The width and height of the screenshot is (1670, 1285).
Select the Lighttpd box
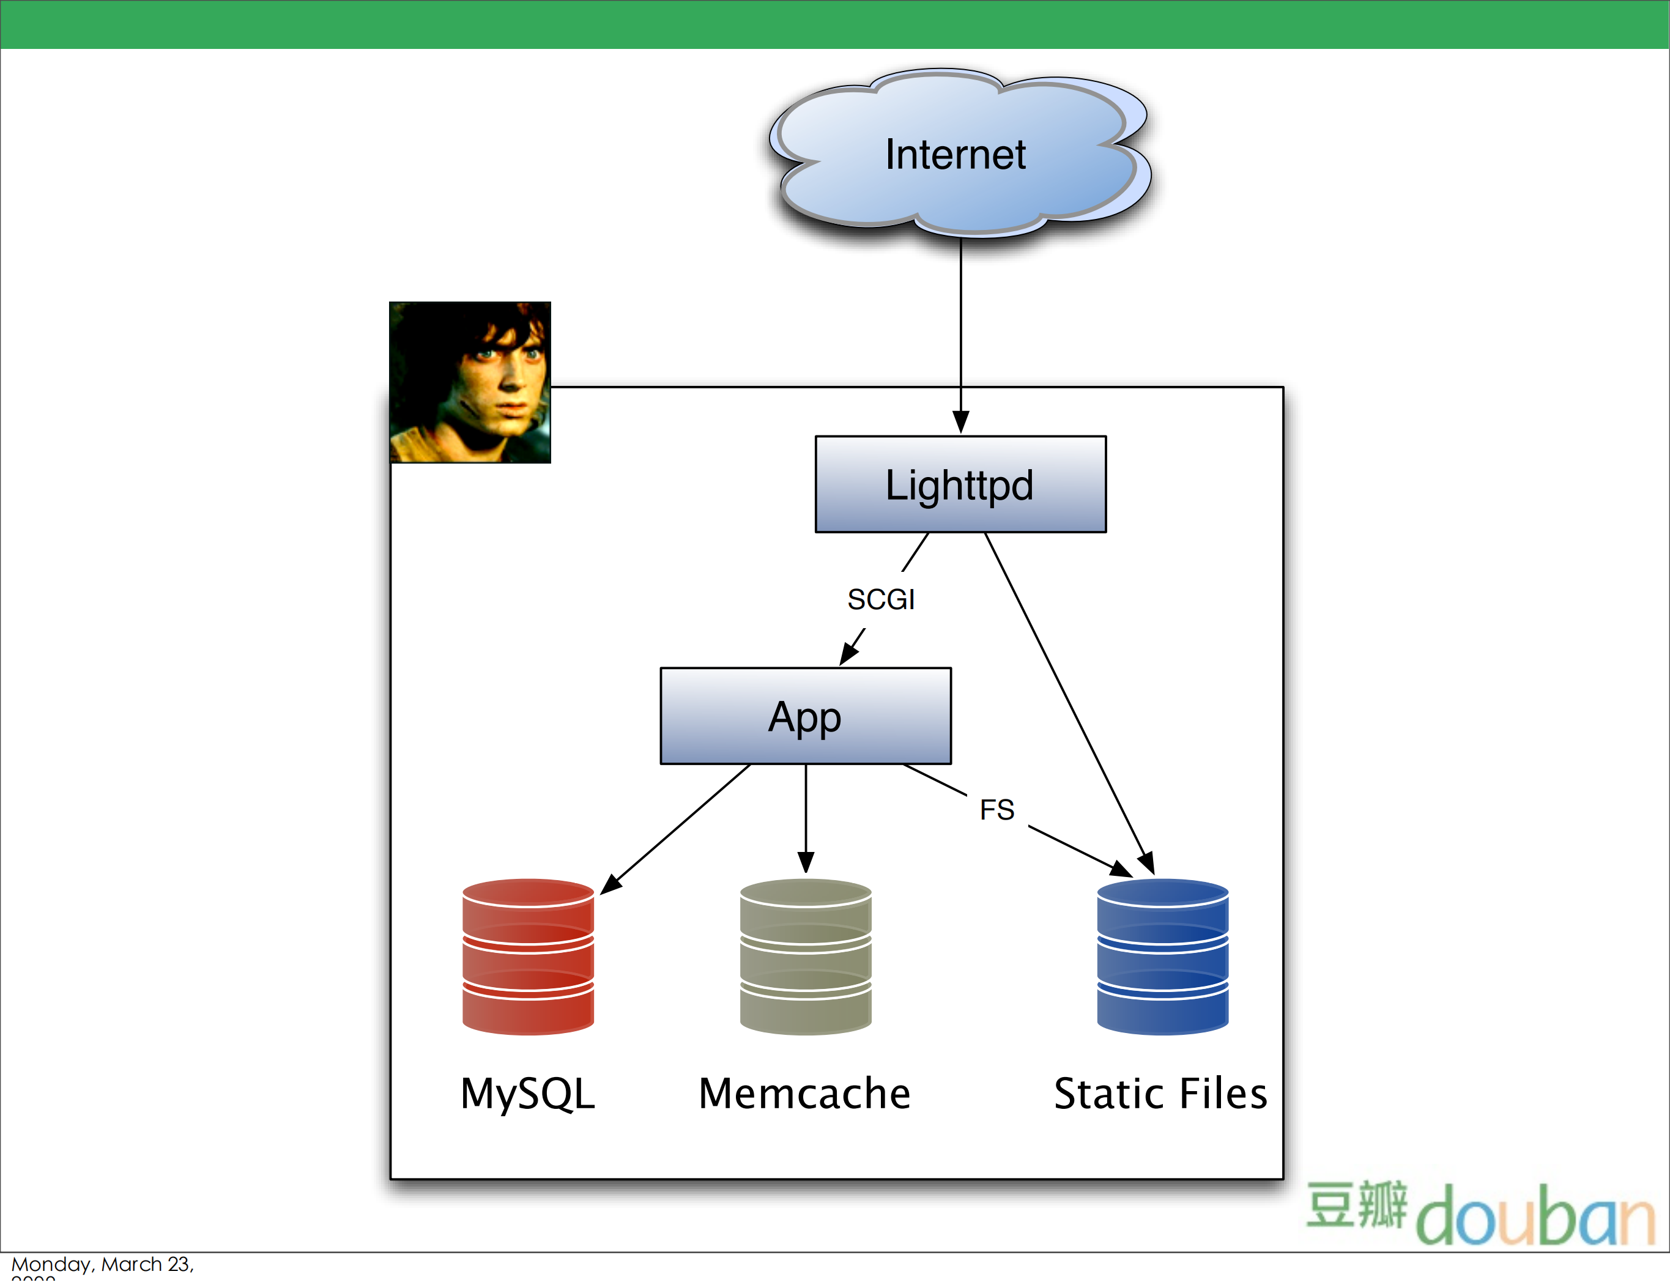pyautogui.click(x=960, y=484)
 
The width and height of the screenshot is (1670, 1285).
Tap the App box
pyautogui.click(x=805, y=716)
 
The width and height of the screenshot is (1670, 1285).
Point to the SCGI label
pyautogui.click(x=881, y=599)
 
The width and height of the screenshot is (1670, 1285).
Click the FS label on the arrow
pyautogui.click(x=997, y=810)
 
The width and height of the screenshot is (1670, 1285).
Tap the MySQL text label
pyautogui.click(x=527, y=1093)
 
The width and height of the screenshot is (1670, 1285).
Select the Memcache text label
pyautogui.click(x=805, y=1093)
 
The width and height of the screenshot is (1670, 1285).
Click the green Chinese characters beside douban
pyautogui.click(x=1356, y=1205)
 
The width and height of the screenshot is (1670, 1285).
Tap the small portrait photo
pyautogui.click(x=470, y=382)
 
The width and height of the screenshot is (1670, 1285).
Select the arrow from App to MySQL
pyautogui.click(x=680, y=826)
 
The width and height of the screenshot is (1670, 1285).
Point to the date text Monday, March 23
pyautogui.click(x=102, y=1264)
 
